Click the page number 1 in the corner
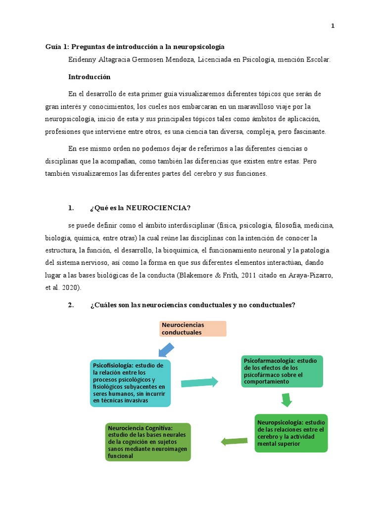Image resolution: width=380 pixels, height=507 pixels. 333,26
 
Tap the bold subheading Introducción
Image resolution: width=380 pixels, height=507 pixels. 89,77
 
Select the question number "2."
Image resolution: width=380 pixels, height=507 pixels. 71,305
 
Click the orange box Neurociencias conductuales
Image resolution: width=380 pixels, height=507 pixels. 192,328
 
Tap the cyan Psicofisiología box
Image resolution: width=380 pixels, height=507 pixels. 130,383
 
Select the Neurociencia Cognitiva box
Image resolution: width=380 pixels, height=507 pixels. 148,442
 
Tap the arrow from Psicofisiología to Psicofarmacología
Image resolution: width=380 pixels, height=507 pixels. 199,382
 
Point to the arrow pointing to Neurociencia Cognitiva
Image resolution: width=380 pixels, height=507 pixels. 234,441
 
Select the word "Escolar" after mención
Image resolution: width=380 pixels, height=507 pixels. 317,59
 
